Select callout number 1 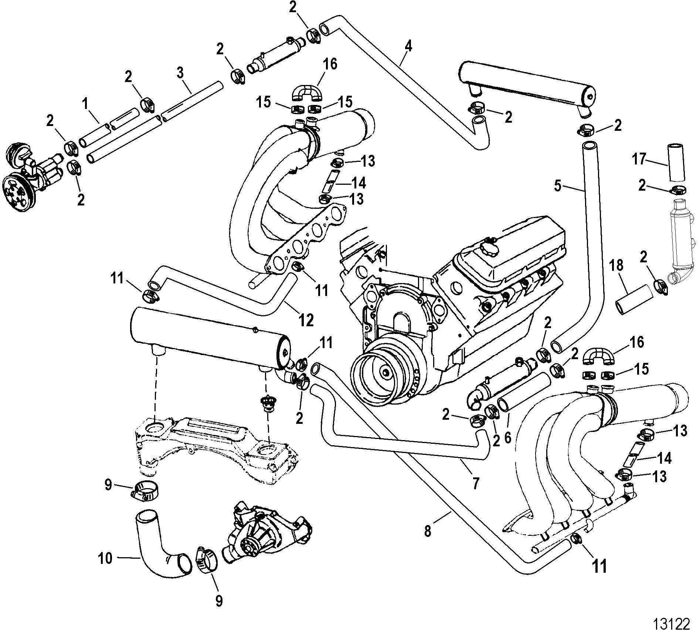(85, 105)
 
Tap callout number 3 (180, 73)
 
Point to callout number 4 (408, 47)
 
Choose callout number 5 (558, 185)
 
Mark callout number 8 (428, 531)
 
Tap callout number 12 (306, 320)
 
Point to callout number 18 (616, 265)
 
